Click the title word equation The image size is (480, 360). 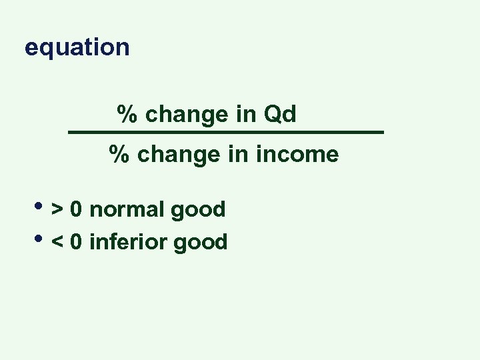(x=77, y=48)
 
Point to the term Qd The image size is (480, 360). (x=280, y=115)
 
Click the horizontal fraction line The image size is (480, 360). (x=227, y=133)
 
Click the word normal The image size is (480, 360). (x=127, y=210)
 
